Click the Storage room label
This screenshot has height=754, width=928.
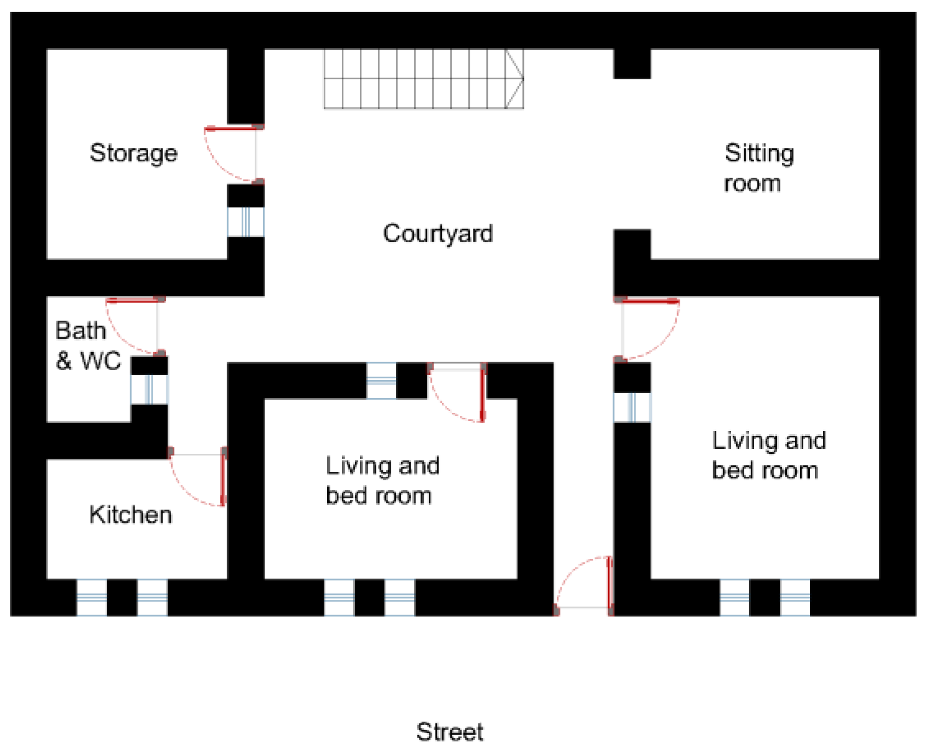point(133,154)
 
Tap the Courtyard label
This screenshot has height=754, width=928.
point(438,234)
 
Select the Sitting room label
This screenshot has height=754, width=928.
point(758,167)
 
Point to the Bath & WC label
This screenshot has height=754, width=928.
point(88,346)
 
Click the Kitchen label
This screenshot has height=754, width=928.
point(131,515)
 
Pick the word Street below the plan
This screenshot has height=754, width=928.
point(450,732)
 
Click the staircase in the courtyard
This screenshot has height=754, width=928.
point(424,79)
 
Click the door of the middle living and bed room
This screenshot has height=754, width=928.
point(457,392)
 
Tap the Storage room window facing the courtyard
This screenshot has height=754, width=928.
point(246,221)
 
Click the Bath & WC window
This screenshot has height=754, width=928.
point(149,389)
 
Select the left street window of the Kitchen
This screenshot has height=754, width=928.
point(92,598)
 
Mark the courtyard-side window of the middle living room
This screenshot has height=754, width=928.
point(381,381)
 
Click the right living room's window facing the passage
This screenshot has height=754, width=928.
point(632,407)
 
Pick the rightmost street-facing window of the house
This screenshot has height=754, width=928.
point(795,598)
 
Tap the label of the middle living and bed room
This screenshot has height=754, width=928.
point(382,481)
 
